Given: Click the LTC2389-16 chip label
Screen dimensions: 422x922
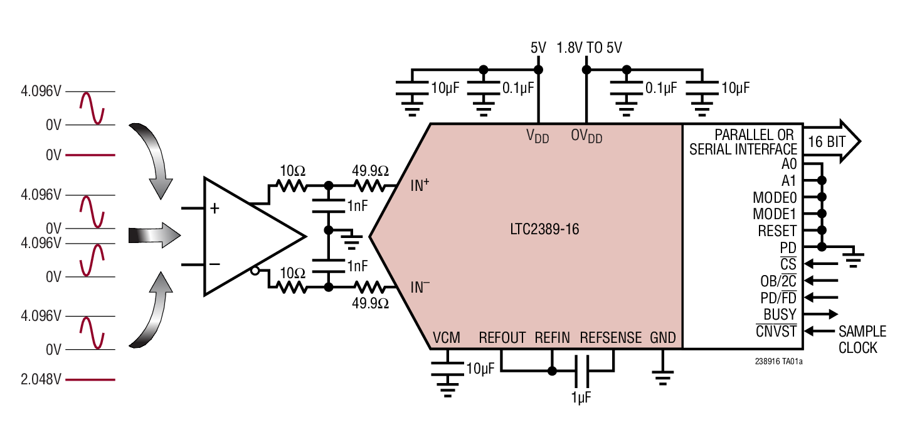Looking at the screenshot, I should pyautogui.click(x=544, y=230).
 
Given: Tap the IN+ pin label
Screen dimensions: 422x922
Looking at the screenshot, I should pyautogui.click(x=420, y=185).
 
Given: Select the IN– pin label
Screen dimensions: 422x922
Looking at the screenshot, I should pyautogui.click(x=420, y=288).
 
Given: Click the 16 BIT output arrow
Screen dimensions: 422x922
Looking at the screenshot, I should pyautogui.click(x=832, y=142).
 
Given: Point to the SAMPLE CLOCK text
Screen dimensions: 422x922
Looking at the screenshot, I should pyautogui.click(x=862, y=339).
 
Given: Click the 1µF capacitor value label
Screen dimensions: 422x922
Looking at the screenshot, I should pyautogui.click(x=581, y=398).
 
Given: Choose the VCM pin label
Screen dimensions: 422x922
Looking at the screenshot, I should pyautogui.click(x=446, y=338).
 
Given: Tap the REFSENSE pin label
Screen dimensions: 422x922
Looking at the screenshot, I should pyautogui.click(x=610, y=338).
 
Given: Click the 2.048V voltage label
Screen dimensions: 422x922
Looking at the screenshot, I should pyautogui.click(x=41, y=379).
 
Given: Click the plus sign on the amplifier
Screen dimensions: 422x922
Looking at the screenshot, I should pyautogui.click(x=215, y=208).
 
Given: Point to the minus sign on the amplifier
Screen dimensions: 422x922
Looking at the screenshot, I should pyautogui.click(x=215, y=264).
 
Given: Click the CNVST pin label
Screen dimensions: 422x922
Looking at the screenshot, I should pyautogui.click(x=776, y=331).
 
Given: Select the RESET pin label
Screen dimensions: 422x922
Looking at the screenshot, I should pyautogui.click(x=777, y=231).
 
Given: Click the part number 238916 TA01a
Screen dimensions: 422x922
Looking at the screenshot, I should pyautogui.click(x=779, y=362).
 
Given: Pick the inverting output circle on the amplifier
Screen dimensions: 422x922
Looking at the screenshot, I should pyautogui.click(x=254, y=271).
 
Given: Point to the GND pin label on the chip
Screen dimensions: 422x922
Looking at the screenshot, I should pyautogui.click(x=663, y=338).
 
